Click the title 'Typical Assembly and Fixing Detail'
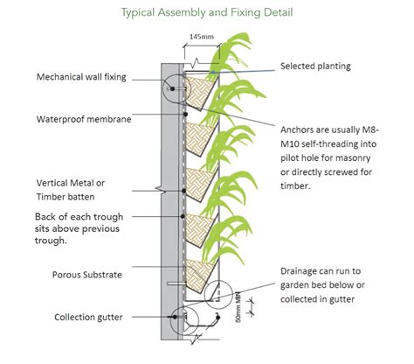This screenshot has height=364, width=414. pos(207,14)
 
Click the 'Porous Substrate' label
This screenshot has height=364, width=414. pos(72,275)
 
